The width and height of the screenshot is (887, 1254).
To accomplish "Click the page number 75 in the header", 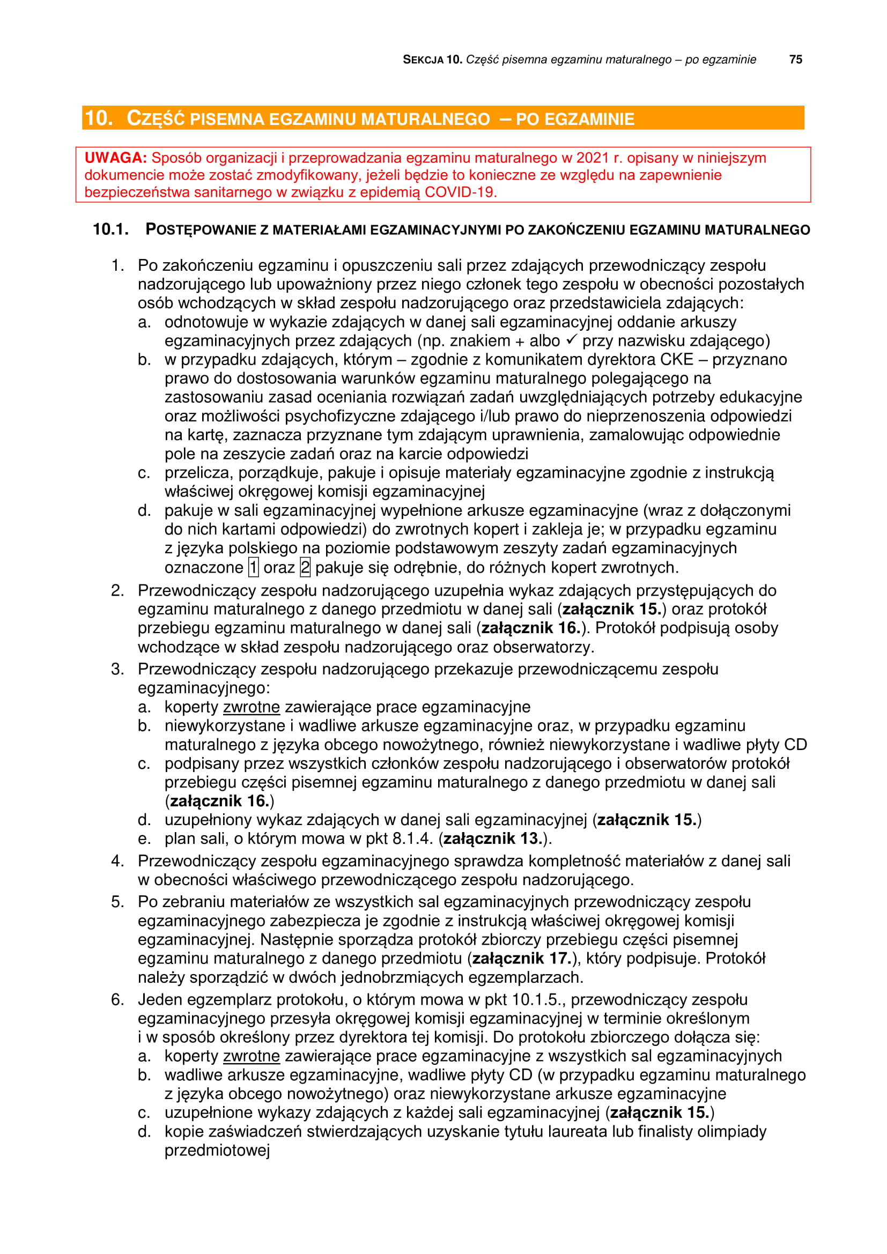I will pos(795,60).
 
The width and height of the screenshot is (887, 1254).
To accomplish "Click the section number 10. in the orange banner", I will pos(99,118).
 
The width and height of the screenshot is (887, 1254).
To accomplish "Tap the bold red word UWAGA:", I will pos(115,158).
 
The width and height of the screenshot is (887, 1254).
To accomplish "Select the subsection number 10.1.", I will pos(111,229).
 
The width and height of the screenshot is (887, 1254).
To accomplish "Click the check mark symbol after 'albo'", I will pos(571,340).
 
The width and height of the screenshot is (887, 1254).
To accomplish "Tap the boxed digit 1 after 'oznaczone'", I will pos(254,567).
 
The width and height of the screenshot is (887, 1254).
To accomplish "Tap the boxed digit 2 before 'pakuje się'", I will pos(305,567).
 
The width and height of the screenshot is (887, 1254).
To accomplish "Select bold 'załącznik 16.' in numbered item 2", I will pos(530,628).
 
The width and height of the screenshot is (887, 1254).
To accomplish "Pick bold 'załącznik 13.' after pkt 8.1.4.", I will pos(493,838).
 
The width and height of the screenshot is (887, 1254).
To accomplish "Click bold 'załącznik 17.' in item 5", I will pos(522,958).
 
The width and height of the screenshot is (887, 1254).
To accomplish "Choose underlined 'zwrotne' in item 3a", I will pos(251,707).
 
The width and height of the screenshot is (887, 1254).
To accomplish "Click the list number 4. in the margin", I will pos(117,861).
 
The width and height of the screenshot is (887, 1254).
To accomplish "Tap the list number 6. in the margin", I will pos(117,999).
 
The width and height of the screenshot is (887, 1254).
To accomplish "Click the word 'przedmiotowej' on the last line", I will pos(217,1150).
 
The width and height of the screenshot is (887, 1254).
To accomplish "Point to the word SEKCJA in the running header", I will pos(423,60).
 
